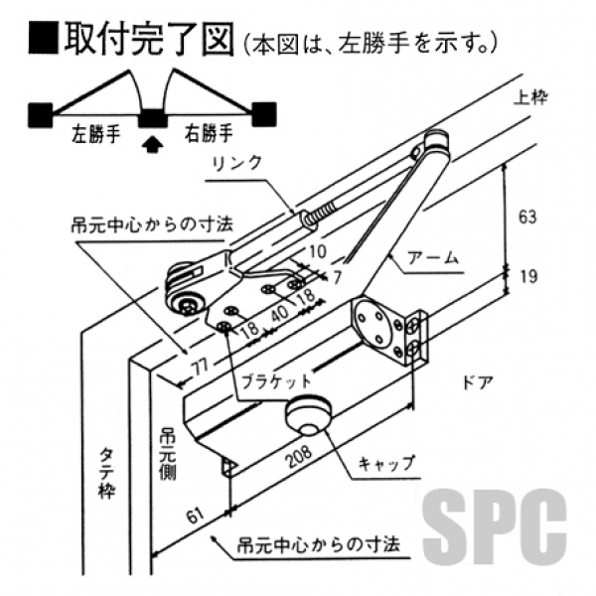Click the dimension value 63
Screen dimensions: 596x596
(527, 215)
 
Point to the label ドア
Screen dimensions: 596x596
(476, 379)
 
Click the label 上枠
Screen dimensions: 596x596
(531, 98)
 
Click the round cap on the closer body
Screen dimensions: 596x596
(308, 415)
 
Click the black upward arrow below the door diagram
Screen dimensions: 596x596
(151, 145)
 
